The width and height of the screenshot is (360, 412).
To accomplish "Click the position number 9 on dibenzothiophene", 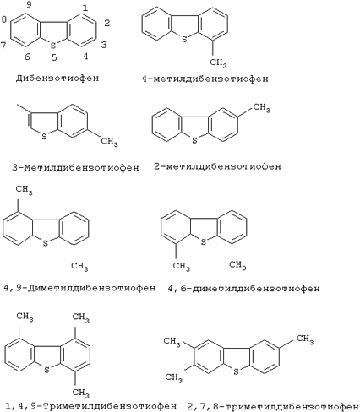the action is pyautogui.click(x=29, y=5).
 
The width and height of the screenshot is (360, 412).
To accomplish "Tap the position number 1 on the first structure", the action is pyautogui.click(x=85, y=8).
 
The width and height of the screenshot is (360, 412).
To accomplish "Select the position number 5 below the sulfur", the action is pyautogui.click(x=54, y=57).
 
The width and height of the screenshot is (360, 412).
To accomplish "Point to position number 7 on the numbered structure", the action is pyautogui.click(x=3, y=45).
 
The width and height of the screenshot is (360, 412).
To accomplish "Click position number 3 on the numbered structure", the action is pyautogui.click(x=104, y=45).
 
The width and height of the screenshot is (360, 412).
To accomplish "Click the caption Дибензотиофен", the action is pyautogui.click(x=57, y=78).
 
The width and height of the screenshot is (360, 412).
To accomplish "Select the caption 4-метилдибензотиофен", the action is pyautogui.click(x=205, y=79).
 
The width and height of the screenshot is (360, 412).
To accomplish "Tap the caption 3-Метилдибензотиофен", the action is pyautogui.click(x=75, y=168).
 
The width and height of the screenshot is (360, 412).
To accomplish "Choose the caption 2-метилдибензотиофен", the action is pyautogui.click(x=217, y=166).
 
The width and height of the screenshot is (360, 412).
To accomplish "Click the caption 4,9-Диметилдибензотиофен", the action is pyautogui.click(x=79, y=288).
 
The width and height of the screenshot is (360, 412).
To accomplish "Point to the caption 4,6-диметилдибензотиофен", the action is pyautogui.click(x=244, y=289).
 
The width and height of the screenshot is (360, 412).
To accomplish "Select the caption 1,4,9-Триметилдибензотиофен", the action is pyautogui.click(x=91, y=406).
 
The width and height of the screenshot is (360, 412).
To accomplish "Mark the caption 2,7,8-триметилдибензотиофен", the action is pyautogui.click(x=273, y=407).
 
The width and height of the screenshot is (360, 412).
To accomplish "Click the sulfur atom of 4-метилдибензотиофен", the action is pyautogui.click(x=184, y=39).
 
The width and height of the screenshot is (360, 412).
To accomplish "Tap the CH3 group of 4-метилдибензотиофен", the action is pyautogui.click(x=218, y=62).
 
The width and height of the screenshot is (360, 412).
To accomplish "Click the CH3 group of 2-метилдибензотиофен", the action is pyautogui.click(x=262, y=108).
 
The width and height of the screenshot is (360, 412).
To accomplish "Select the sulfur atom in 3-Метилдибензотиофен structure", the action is pyautogui.click(x=44, y=137).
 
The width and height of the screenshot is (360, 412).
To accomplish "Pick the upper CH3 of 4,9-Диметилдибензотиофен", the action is pyautogui.click(x=24, y=190).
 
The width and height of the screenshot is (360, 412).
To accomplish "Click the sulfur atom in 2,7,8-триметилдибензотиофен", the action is pyautogui.click(x=236, y=371).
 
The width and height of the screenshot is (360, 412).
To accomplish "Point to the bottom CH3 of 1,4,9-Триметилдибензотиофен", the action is pyautogui.click(x=80, y=393).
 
